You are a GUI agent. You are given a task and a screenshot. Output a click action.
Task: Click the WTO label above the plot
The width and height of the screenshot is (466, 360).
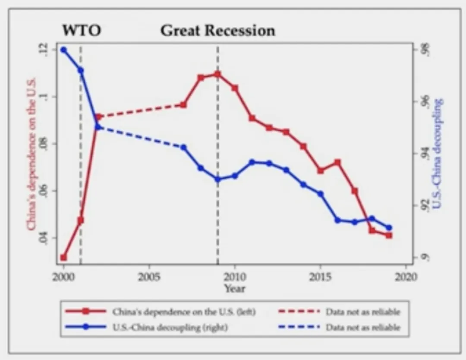pos(82,31)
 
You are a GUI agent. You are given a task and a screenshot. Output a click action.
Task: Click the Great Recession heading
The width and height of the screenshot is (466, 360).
pos(217,31)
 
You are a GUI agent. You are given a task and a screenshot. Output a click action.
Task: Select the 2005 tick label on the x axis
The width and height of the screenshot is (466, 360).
pos(149,276)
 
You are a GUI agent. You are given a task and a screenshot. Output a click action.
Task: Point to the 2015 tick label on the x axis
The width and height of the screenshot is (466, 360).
pos(320,276)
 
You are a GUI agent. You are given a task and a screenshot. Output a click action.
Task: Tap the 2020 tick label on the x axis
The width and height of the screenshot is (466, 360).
pos(406,276)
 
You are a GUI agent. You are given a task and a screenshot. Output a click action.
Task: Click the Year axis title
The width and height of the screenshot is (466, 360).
pos(234,288)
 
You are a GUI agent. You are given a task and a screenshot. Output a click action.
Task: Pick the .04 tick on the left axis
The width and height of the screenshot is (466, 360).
pos(44,238)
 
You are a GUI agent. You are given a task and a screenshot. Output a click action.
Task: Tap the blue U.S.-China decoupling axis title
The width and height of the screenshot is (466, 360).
pos(438,153)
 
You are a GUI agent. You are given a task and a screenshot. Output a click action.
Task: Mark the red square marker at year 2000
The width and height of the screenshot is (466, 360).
pos(63,257)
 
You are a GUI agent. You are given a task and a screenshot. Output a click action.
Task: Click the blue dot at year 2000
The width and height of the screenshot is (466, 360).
pos(63,50)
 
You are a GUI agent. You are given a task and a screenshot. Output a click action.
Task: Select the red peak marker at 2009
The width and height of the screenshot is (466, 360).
pos(217,74)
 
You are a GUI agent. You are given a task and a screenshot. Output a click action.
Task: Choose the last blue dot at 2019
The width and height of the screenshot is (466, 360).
pos(389,228)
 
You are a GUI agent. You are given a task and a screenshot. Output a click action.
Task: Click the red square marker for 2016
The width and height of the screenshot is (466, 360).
pos(337,163)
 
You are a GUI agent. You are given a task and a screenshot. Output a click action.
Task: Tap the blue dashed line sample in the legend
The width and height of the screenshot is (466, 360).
pos(298,327)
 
